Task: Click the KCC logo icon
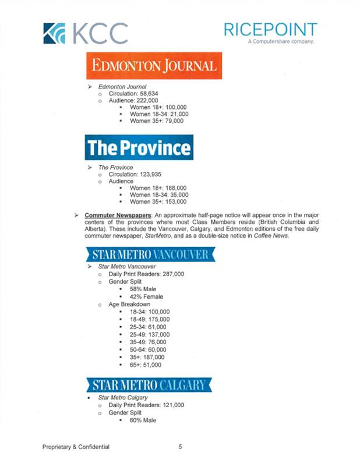pyautogui.click(x=57, y=33)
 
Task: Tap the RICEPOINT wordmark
pyautogui.click(x=270, y=30)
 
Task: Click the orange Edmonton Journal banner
pyautogui.click(x=154, y=66)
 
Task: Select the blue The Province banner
pyautogui.click(x=139, y=147)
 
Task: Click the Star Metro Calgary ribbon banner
pyautogui.click(x=150, y=385)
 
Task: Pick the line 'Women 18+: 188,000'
pyautogui.click(x=158, y=188)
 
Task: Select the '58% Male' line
pyautogui.click(x=143, y=289)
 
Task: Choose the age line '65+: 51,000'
pyautogui.click(x=146, y=365)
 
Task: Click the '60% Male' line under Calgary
pyautogui.click(x=143, y=420)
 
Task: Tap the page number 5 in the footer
pyautogui.click(x=181, y=447)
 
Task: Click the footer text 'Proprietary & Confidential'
pyautogui.click(x=76, y=447)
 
